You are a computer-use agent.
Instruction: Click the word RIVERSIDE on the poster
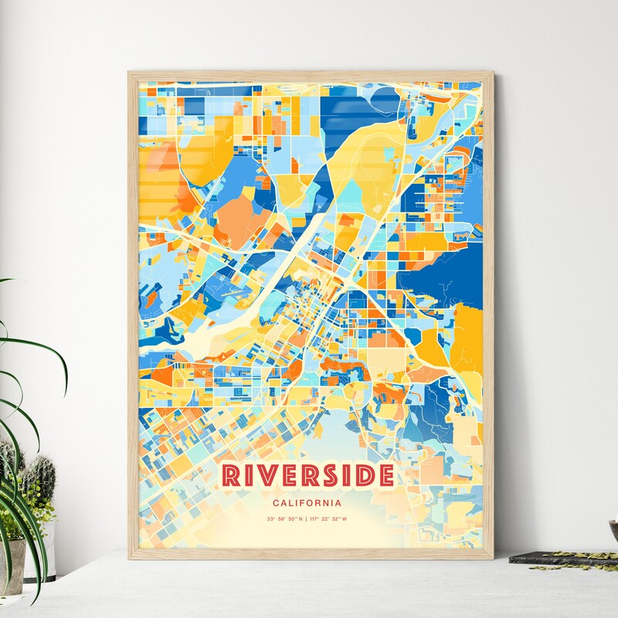click(x=309, y=476)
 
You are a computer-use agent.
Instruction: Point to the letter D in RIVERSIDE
click(x=365, y=476)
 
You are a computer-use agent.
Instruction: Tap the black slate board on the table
click(x=556, y=557)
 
